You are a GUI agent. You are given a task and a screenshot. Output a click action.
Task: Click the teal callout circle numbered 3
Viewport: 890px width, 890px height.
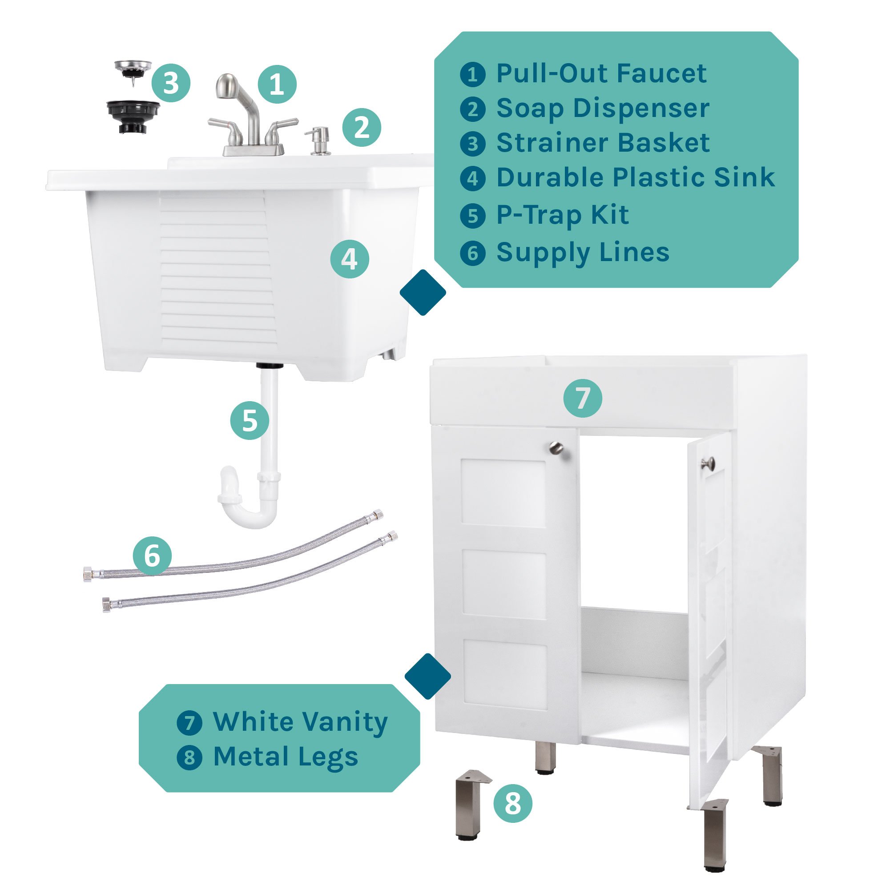(x=171, y=83)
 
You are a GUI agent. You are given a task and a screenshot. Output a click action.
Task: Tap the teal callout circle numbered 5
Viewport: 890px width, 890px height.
(x=250, y=420)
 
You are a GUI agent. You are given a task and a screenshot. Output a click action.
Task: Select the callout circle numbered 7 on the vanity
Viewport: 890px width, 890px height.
(x=583, y=398)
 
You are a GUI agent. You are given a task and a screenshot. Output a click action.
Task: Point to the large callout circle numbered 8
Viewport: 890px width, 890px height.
(x=513, y=803)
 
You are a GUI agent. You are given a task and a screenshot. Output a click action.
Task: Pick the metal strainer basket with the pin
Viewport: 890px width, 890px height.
(x=133, y=70)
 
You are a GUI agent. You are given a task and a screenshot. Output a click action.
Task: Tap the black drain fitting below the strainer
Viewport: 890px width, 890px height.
(x=133, y=117)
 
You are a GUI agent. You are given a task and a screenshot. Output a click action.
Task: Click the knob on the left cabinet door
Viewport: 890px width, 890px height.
(x=556, y=447)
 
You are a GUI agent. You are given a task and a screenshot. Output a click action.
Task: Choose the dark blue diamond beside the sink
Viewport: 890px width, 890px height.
(x=423, y=292)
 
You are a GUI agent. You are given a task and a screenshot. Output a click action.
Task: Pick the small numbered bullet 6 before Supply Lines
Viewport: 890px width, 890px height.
(x=473, y=253)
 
